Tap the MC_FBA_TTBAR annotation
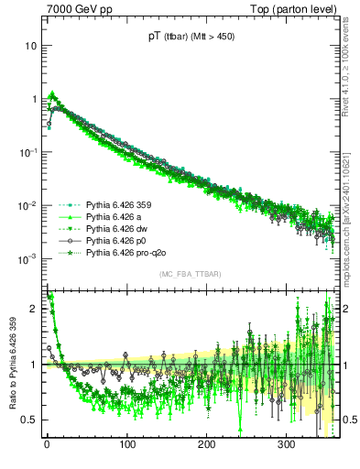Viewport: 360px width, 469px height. [190, 274]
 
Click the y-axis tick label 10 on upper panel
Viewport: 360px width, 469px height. [33, 45]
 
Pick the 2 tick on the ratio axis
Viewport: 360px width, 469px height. [36, 309]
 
